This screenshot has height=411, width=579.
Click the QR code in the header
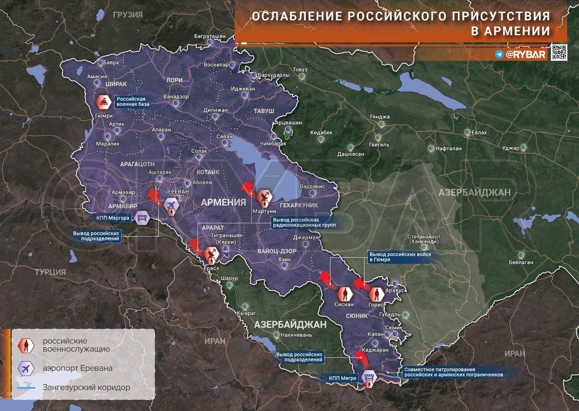click(559, 52)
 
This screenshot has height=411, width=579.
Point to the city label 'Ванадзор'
click(176, 96)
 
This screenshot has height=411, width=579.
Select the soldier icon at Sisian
click(344, 294)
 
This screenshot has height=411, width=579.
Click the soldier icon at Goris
click(375, 294)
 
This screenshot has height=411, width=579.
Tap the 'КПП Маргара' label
click(113, 218)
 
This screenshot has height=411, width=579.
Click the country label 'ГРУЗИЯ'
click(128, 15)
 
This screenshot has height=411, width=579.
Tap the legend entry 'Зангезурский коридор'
click(86, 387)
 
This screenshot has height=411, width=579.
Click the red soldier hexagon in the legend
click(26, 346)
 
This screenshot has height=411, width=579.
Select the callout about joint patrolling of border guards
click(453, 372)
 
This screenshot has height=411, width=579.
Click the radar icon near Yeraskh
click(210, 256)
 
